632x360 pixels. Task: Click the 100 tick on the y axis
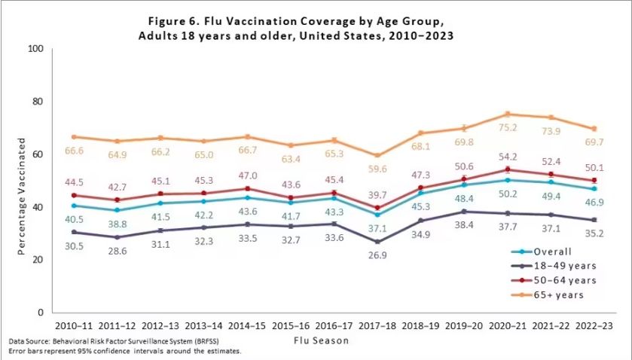click(35, 49)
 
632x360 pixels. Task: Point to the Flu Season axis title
click(322, 340)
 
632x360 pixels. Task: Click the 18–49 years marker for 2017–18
click(377, 242)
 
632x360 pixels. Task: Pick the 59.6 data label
click(379, 169)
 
